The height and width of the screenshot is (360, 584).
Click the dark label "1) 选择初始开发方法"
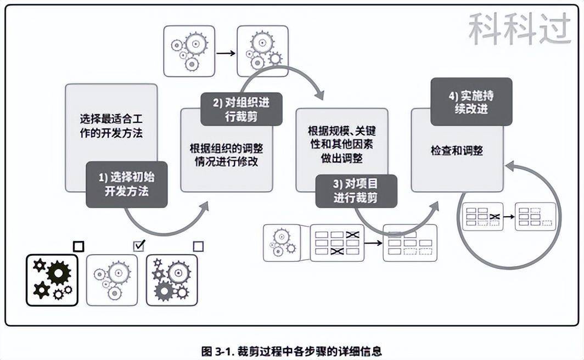(x=127, y=184)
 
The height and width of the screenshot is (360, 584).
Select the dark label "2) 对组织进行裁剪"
(x=242, y=109)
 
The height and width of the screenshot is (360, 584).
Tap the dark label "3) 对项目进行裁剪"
(x=356, y=190)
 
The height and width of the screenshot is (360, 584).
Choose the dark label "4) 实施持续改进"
(x=471, y=102)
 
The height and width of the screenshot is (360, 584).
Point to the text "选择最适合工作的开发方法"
(x=111, y=126)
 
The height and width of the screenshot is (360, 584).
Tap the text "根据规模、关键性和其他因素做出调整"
(x=341, y=144)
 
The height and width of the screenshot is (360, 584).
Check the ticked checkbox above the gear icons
(x=139, y=245)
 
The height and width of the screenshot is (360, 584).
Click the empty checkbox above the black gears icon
(x=78, y=246)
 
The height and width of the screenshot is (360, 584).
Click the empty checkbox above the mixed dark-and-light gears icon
(x=198, y=246)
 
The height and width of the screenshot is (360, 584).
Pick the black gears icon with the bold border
(x=52, y=280)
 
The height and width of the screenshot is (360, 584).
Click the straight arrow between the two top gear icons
(x=225, y=53)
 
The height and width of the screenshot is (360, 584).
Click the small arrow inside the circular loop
(x=509, y=216)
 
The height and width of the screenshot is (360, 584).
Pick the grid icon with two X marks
(x=337, y=243)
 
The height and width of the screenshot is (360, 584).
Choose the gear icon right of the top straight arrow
(x=262, y=50)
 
